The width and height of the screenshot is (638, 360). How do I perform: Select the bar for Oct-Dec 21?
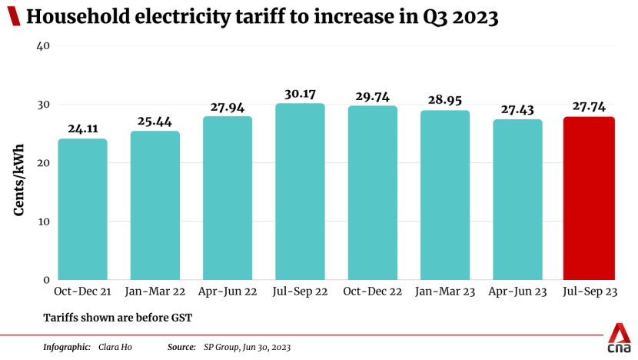pos(82,209)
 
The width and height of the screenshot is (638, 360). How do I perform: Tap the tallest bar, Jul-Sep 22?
pos(300,192)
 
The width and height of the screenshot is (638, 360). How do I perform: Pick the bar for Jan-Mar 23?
pos(445,195)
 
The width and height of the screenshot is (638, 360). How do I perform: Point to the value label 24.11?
pos(82,130)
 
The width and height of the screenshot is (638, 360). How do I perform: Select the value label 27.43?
pos(517,110)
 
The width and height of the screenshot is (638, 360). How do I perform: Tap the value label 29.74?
pos(372,97)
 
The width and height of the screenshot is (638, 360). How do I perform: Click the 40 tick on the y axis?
pos(43,46)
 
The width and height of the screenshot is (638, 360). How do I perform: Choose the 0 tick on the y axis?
pos(46,280)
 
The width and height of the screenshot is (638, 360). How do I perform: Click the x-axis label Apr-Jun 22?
pos(228,292)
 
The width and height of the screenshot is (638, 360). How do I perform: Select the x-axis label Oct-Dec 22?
pos(372,292)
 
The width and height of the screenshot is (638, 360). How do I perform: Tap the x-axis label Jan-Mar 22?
pos(155,292)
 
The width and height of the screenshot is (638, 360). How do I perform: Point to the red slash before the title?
pos(13,18)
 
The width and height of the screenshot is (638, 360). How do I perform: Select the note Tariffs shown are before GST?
pos(118,317)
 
